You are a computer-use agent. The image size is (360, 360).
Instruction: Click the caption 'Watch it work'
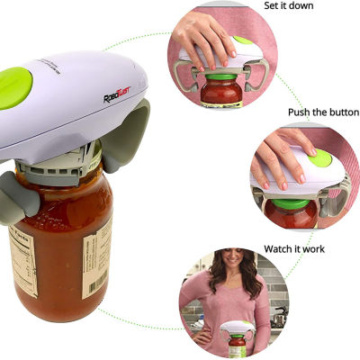coord(294,248)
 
